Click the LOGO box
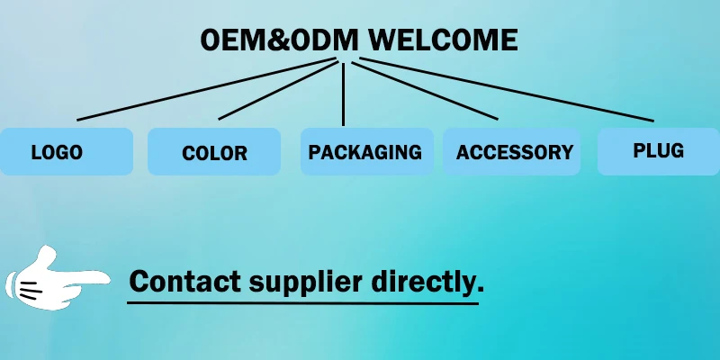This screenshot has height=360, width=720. click(x=66, y=151)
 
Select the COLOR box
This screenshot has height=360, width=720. click(x=214, y=151)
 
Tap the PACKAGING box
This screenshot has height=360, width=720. click(x=366, y=151)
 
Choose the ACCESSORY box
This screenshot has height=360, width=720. click(x=513, y=151)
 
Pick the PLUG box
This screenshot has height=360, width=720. click(x=658, y=150)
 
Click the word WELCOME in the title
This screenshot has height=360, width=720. click(x=443, y=40)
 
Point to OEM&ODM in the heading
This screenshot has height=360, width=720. click(x=279, y=40)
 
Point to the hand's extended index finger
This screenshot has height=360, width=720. click(x=90, y=277)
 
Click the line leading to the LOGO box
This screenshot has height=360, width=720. click(x=207, y=90)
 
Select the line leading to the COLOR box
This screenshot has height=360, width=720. click(x=279, y=90)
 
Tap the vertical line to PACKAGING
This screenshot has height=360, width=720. click(x=344, y=94)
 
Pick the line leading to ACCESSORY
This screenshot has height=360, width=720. click(x=423, y=90)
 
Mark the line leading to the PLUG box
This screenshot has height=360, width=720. click(x=504, y=90)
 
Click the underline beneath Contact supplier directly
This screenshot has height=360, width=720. click(x=302, y=302)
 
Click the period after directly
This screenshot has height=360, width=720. click(x=481, y=290)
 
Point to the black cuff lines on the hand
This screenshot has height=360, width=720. click(x=29, y=290)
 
